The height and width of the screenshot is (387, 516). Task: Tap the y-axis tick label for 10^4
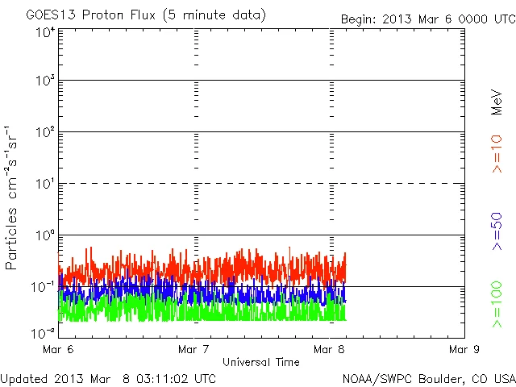pos(44,33)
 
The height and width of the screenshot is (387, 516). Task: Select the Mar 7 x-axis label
pos(193,350)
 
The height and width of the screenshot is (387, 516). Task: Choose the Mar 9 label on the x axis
pos(464,350)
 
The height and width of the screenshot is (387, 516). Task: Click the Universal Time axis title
pos(261,362)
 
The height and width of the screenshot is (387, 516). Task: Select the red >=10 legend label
pos(497,153)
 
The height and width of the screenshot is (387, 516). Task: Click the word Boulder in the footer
pos(440,377)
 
